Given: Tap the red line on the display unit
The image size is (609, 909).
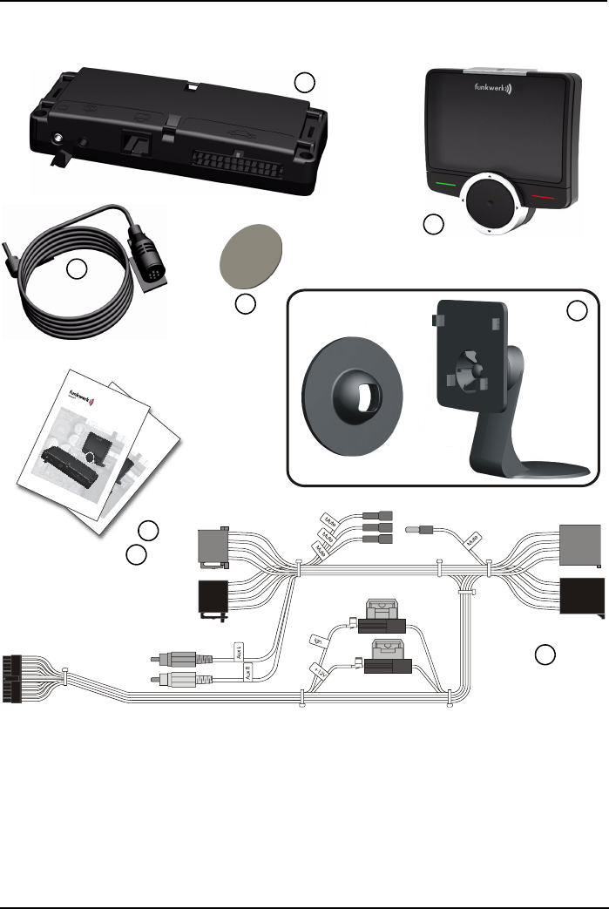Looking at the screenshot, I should click(x=541, y=198).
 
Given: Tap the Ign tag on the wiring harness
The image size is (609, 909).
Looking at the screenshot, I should click(x=319, y=641).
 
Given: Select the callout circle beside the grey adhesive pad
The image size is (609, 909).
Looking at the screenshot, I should click(x=246, y=304).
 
